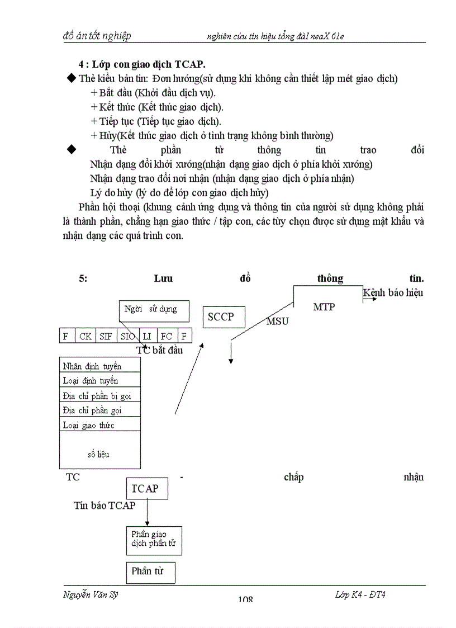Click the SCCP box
[x=220, y=317]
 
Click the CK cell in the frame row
[x=85, y=336]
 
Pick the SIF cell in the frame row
[x=106, y=336]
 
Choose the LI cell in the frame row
[x=148, y=336]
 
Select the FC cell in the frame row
[x=166, y=336]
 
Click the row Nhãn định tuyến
[x=99, y=366]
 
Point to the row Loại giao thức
[x=99, y=425]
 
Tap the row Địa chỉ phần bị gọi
[x=99, y=396]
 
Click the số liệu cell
[x=99, y=454]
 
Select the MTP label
[x=324, y=306]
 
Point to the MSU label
[x=277, y=321]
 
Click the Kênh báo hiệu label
[x=393, y=292]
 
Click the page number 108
[x=245, y=599]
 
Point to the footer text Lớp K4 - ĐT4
[x=356, y=594]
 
